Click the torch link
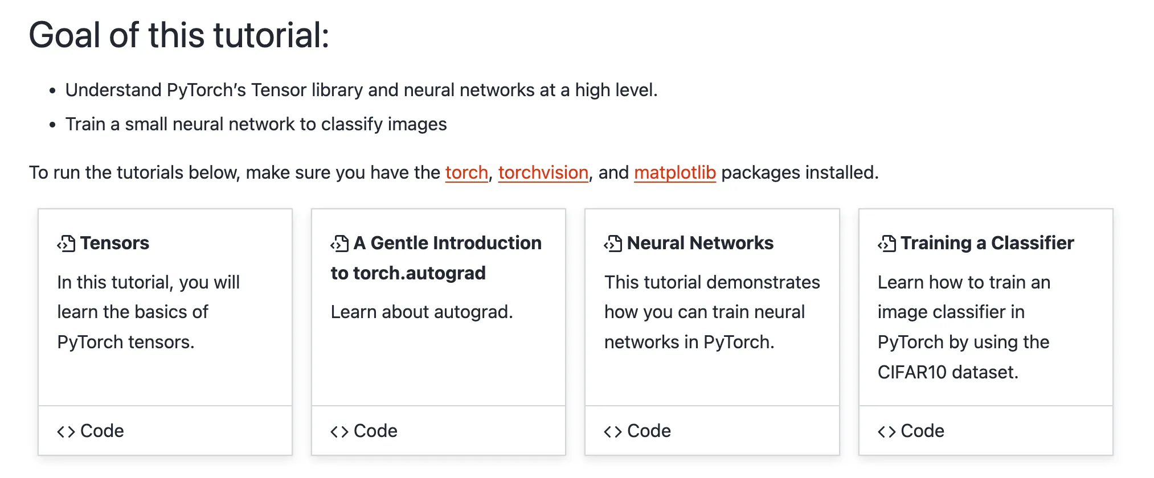pos(466,172)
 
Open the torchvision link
pos(543,172)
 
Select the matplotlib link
pos(674,172)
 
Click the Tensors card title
pos(114,243)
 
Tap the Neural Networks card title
pos(700,243)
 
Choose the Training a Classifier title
pos(987,243)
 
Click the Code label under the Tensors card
pos(102,431)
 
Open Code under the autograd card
pos(375,431)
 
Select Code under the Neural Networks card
pos(649,431)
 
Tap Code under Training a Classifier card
pos(922,431)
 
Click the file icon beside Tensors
pos(66,244)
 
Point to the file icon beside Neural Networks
pos(613,244)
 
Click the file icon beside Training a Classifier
pos(886,244)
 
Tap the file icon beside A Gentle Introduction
pos(339,244)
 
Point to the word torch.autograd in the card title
pos(419,273)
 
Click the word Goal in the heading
pos(65,35)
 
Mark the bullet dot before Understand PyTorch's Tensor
pos(52,90)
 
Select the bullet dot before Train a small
pos(52,125)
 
